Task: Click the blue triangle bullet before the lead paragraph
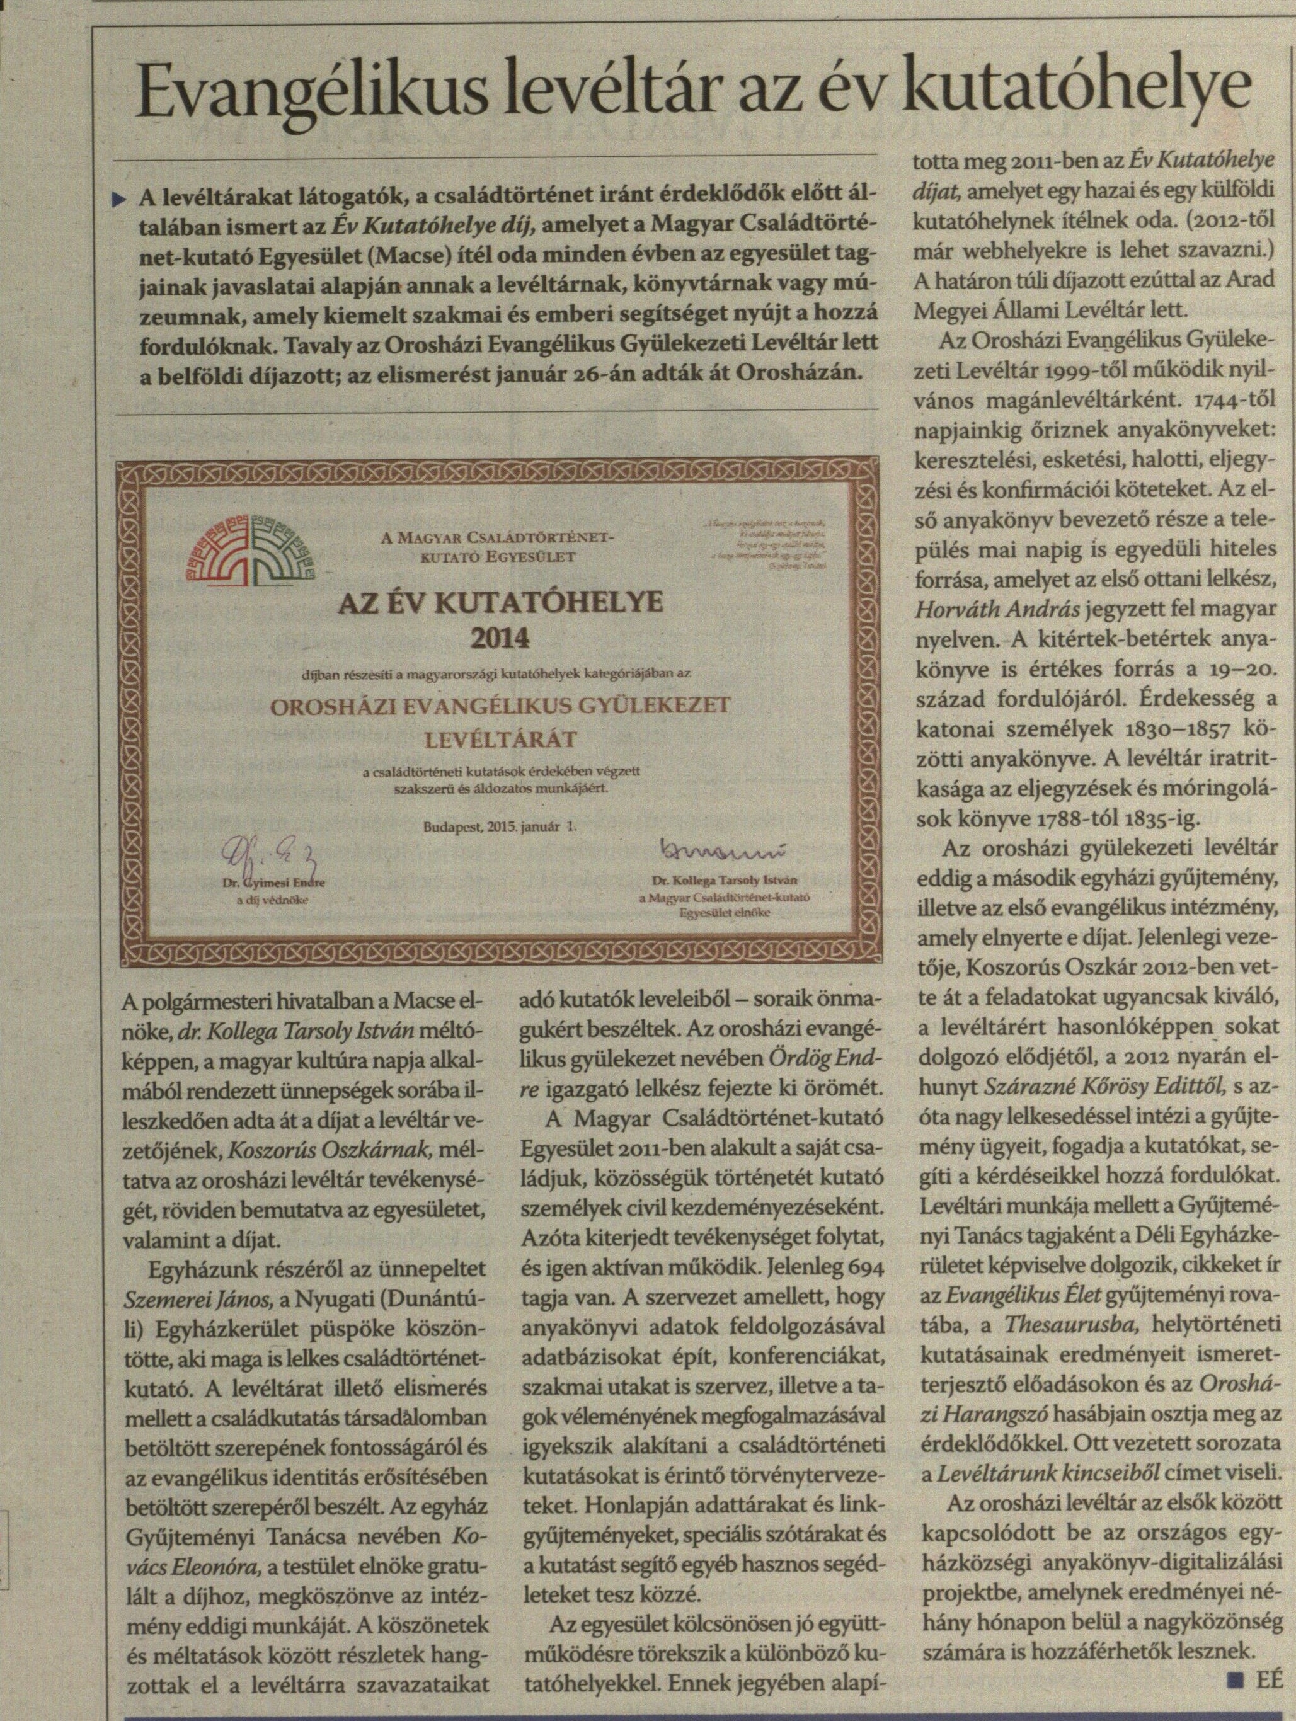(x=118, y=200)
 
